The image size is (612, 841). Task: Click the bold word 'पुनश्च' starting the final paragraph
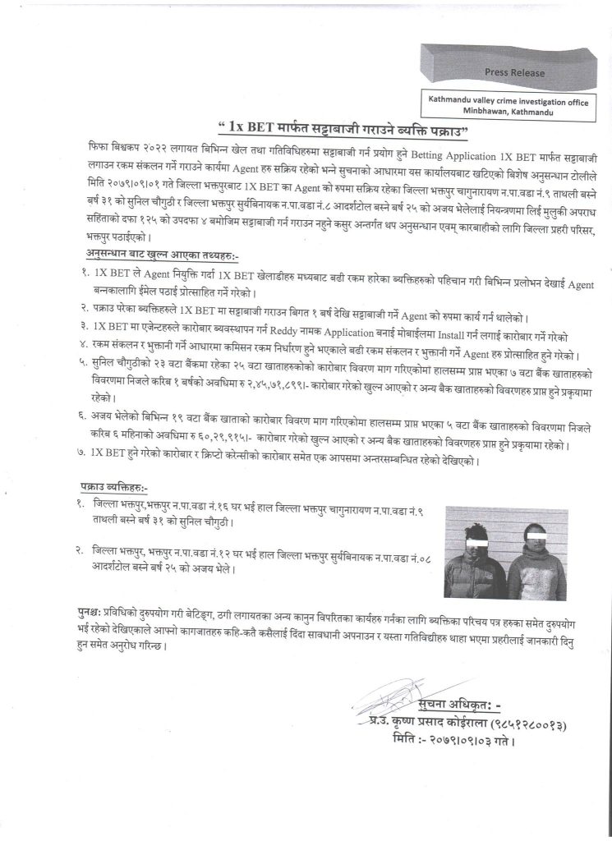click(85, 614)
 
